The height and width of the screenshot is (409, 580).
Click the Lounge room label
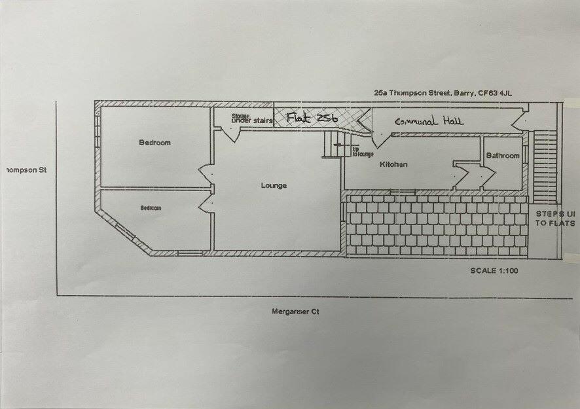[x=274, y=186]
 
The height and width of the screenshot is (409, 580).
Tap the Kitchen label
[x=393, y=165]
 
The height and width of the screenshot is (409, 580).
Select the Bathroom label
[x=502, y=156]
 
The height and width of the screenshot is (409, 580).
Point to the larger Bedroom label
[x=154, y=143]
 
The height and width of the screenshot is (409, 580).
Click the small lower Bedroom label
[x=151, y=208]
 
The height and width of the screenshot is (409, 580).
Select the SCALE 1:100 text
[x=494, y=270]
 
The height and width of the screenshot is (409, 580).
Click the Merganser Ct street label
[x=295, y=312]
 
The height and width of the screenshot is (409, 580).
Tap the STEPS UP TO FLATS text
[x=555, y=219]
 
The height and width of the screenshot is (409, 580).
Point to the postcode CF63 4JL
[x=495, y=94]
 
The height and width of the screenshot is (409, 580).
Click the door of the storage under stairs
[x=229, y=132]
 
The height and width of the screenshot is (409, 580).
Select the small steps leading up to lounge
[x=335, y=145]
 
